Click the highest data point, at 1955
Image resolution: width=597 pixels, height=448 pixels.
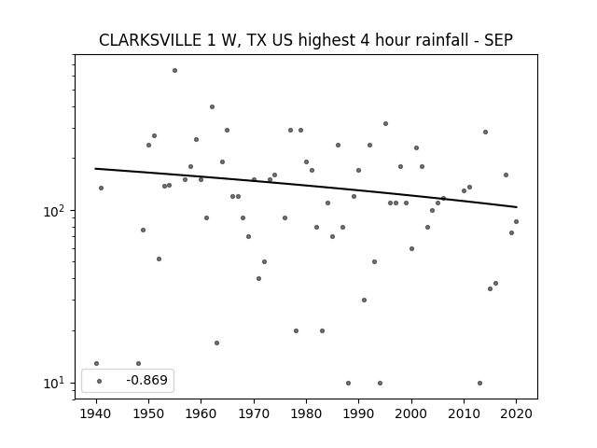(174, 71)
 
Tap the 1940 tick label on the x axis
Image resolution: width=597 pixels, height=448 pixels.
(96, 413)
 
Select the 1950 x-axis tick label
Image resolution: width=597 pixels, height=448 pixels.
(149, 413)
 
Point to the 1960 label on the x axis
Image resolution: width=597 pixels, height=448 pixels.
(201, 413)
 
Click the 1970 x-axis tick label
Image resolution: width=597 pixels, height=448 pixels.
(254, 413)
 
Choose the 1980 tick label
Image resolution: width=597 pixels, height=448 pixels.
(306, 413)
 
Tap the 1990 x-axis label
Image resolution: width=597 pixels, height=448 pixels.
(358, 413)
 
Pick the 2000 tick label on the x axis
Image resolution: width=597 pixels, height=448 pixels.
(411, 413)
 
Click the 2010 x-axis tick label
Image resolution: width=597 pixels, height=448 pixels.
(464, 413)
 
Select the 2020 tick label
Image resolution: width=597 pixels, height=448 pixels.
(516, 413)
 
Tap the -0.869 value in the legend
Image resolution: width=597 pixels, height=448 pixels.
(147, 380)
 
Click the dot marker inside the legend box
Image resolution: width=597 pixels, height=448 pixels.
(100, 381)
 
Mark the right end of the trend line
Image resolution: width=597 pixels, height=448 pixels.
(517, 207)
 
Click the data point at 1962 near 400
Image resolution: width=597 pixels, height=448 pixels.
(212, 107)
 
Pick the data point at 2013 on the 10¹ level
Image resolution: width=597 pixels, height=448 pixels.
(479, 383)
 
